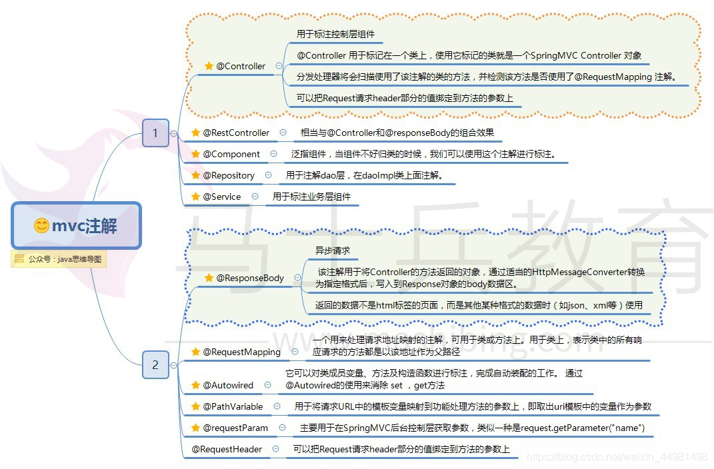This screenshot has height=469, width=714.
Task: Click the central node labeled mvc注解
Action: coord(76,225)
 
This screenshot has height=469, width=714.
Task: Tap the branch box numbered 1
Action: coord(155,133)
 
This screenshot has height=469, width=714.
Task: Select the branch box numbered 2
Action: coord(155,364)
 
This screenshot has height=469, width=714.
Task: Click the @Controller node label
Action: coord(241,66)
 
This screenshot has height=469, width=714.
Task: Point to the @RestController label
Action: coord(236,133)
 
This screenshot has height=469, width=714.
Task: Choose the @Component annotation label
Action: coord(231,154)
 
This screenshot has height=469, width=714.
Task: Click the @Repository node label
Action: coord(229,175)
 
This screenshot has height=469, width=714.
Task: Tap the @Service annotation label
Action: coord(222,197)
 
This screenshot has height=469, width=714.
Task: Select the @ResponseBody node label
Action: coord(250,278)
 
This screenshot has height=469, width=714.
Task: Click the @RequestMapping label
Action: coord(241,351)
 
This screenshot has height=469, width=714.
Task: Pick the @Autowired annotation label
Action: coord(228,384)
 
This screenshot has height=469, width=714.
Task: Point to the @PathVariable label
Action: coord(233,406)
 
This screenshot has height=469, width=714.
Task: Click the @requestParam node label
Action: coord(235,428)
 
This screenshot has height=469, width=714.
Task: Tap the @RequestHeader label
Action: coord(227,449)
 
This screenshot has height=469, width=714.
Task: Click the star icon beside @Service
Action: coord(195,197)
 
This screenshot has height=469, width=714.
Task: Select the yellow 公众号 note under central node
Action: coord(59,259)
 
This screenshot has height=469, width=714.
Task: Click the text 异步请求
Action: coord(333,251)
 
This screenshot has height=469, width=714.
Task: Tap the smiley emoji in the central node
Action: coord(41,226)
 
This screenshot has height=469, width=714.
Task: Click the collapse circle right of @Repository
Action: coord(269,175)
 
